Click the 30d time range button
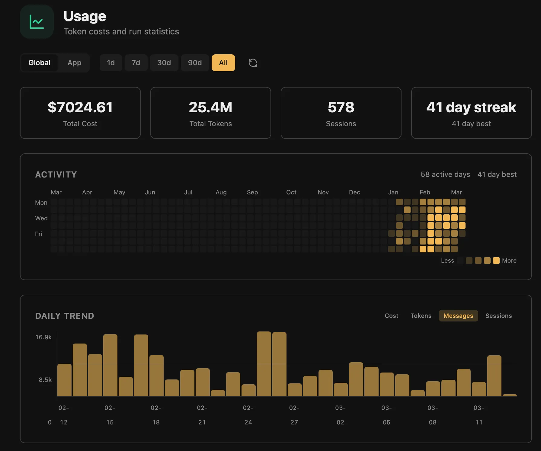click(164, 63)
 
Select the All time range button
click(223, 63)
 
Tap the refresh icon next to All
click(253, 63)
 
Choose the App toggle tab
click(74, 63)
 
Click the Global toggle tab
click(39, 63)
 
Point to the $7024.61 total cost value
click(80, 107)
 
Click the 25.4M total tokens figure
click(210, 107)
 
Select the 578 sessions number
click(341, 107)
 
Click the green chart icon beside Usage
click(37, 22)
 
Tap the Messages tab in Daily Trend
click(458, 316)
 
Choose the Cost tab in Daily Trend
click(391, 316)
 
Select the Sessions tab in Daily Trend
click(498, 316)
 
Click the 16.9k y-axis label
click(43, 337)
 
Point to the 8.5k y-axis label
click(45, 380)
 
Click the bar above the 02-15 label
click(110, 365)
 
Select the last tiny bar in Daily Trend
click(510, 395)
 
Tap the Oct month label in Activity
click(291, 192)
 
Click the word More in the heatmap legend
click(509, 261)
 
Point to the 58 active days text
click(445, 174)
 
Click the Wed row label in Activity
click(41, 218)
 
